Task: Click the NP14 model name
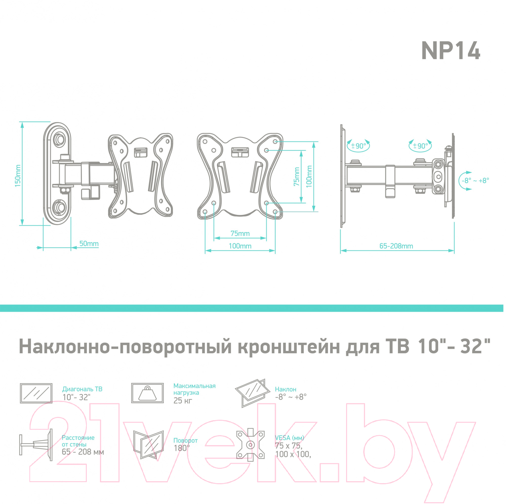451,51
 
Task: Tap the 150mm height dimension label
17,176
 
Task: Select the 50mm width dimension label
89,244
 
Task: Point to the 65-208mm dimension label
396,246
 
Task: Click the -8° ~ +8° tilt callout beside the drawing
475,180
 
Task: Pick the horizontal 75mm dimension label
240,233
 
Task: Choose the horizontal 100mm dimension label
240,246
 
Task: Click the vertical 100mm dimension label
309,176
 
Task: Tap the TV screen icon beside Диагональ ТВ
36,393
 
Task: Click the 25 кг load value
183,400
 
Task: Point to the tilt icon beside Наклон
252,393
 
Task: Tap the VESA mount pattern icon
250,445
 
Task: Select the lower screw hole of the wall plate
60,208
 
